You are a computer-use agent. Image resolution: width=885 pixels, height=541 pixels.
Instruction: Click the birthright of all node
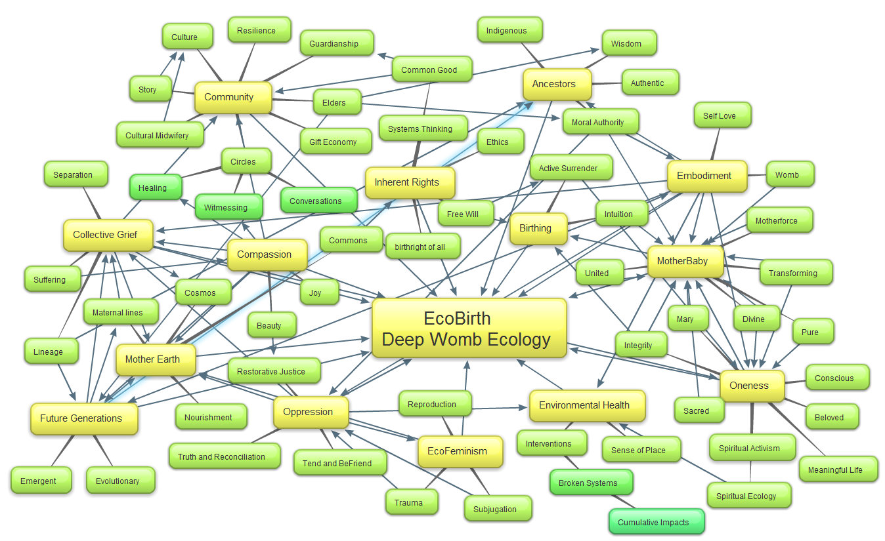pyautogui.click(x=423, y=247)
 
